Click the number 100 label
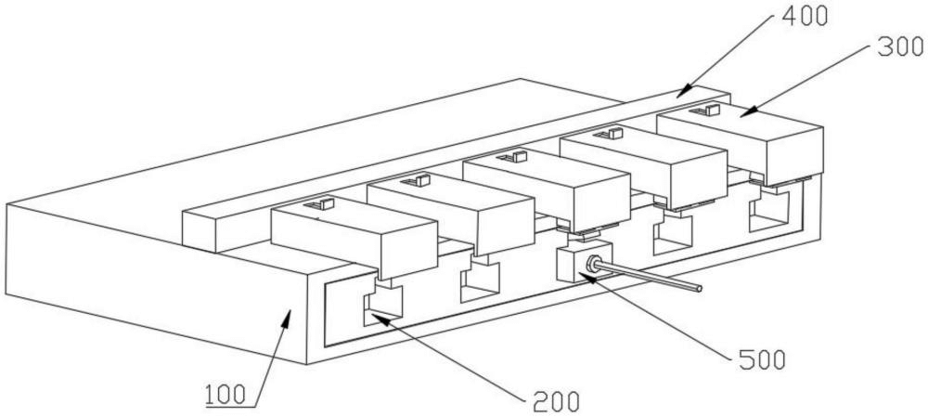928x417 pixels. [x=226, y=394]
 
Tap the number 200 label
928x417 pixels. [x=556, y=402]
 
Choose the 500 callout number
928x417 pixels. [x=763, y=359]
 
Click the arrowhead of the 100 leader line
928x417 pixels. [x=286, y=317]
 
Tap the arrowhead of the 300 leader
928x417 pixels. [x=745, y=111]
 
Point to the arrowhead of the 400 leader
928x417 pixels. [x=684, y=92]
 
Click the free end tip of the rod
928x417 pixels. [x=700, y=289]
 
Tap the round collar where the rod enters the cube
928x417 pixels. [x=590, y=264]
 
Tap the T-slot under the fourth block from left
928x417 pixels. [x=673, y=235]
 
